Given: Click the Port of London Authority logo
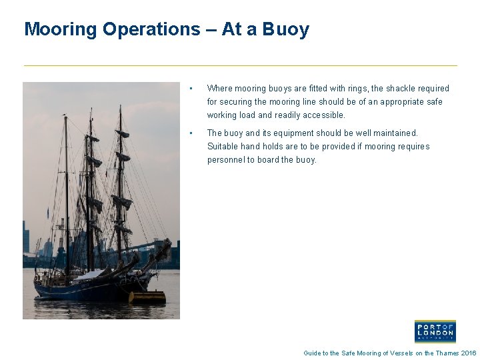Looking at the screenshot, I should (435, 331).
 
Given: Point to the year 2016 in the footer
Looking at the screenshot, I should (469, 353).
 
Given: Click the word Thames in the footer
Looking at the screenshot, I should (447, 353).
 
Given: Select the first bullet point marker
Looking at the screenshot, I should (191, 88).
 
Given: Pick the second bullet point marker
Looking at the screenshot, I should (191, 133).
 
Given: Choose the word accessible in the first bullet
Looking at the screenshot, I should (324, 115).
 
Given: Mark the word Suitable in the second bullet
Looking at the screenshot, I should (223, 146).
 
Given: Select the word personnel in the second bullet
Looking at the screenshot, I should (226, 159).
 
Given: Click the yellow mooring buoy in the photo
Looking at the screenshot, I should (147, 297).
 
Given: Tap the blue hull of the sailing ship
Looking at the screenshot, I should (73, 290).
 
